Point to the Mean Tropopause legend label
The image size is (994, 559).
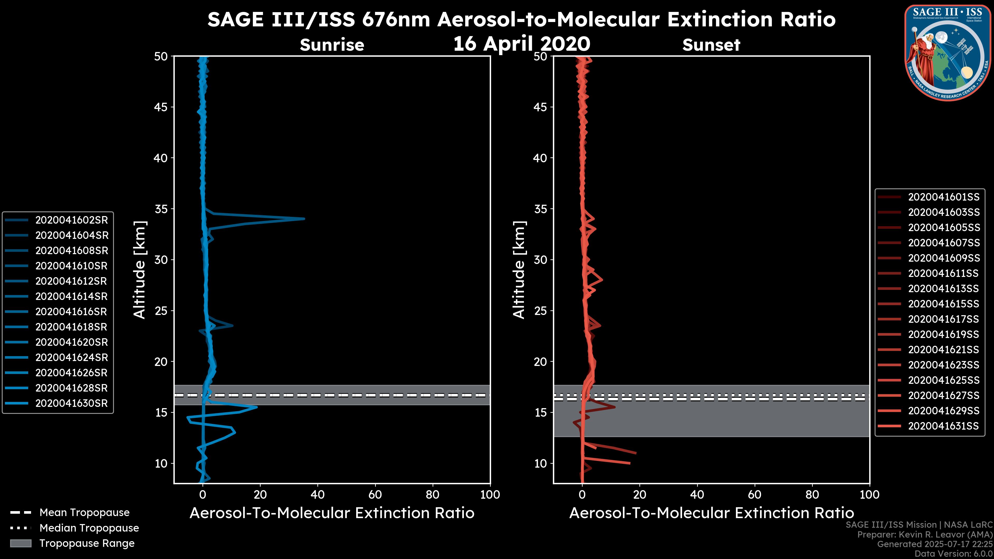click(x=84, y=513)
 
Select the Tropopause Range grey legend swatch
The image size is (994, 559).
click(x=20, y=543)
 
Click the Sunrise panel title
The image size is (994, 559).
click(x=332, y=45)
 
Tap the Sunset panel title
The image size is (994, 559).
click(x=711, y=45)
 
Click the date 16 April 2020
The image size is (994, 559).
click(x=522, y=43)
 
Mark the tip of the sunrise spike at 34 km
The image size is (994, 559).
click(x=304, y=219)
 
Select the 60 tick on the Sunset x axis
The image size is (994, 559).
click(x=754, y=495)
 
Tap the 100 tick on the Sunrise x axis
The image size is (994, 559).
click(x=490, y=495)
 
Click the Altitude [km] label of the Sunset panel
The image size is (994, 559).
click(x=519, y=270)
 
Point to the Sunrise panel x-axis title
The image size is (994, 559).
click(x=332, y=513)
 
